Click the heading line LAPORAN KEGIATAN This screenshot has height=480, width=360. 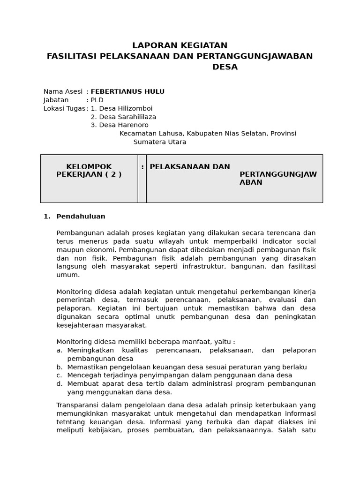(x=180, y=45)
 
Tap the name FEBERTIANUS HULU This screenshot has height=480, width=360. (x=127, y=91)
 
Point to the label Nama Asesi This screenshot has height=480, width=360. (x=63, y=91)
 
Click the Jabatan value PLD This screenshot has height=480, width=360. (x=97, y=100)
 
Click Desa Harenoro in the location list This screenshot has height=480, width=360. (x=120, y=125)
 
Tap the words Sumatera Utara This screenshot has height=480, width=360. (x=160, y=142)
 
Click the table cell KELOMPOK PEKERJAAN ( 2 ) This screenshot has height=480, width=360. (x=89, y=171)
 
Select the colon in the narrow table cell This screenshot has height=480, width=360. (x=142, y=167)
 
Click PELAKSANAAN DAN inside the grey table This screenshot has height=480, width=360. (x=183, y=167)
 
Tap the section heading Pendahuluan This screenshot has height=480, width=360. (x=81, y=217)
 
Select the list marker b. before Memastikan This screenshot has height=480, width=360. (x=60, y=367)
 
